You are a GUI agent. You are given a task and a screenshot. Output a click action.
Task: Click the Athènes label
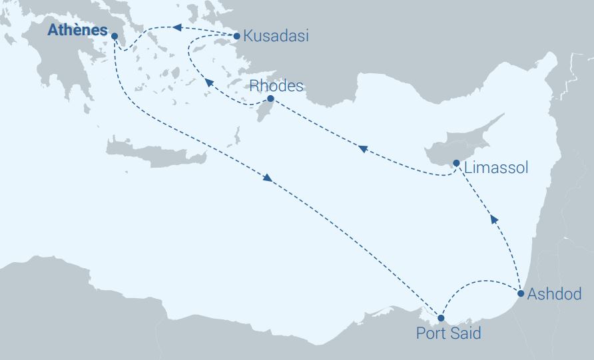click(77, 31)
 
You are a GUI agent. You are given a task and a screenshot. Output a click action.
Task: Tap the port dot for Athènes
click(115, 36)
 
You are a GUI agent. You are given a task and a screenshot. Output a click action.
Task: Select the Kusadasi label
click(276, 37)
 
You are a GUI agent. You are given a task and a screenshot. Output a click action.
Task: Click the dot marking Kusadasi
click(236, 36)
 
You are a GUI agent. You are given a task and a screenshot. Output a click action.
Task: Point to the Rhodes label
click(276, 86)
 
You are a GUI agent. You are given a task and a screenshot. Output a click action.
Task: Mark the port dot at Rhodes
click(270, 98)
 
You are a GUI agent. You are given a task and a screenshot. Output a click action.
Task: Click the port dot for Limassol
click(456, 163)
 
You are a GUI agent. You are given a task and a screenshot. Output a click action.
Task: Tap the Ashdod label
click(554, 294)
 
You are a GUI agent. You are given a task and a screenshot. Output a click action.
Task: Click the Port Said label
click(448, 333)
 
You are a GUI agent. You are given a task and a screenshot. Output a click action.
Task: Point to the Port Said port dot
click(441, 318)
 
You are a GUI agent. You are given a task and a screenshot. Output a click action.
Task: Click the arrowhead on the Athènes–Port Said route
click(268, 178)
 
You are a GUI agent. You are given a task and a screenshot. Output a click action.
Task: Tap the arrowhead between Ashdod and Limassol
click(493, 219)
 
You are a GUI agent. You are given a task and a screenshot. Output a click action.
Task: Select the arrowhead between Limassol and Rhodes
click(362, 148)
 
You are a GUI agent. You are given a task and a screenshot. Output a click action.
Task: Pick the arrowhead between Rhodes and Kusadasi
click(208, 83)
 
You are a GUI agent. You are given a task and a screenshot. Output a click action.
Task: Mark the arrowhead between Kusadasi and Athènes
click(177, 27)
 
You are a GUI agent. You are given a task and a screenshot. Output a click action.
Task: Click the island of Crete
click(153, 155)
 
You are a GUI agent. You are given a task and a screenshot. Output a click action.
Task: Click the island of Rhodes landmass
click(265, 108)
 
